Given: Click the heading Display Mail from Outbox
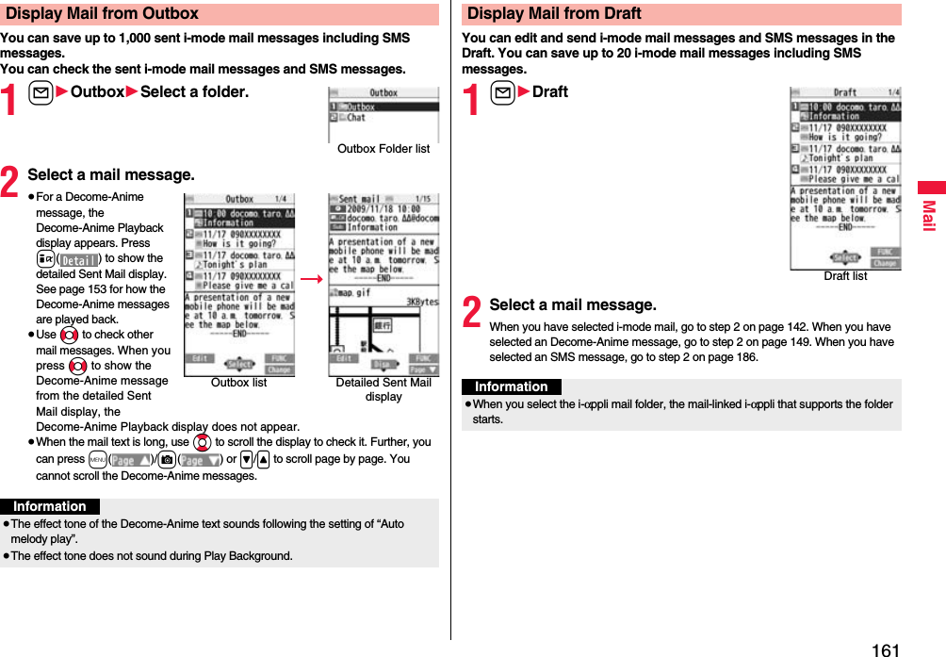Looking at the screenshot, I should pyautogui.click(x=103, y=14).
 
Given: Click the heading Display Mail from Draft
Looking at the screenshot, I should pyautogui.click(x=554, y=14).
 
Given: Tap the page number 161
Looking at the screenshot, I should pyautogui.click(x=886, y=649).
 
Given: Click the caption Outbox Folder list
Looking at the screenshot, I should pyautogui.click(x=383, y=149).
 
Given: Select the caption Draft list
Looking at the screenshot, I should pyautogui.click(x=845, y=276).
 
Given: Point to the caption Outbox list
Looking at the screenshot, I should pyautogui.click(x=238, y=383).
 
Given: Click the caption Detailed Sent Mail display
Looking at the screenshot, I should pyautogui.click(x=383, y=389).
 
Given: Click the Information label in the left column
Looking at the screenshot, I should pyautogui.click(x=50, y=507).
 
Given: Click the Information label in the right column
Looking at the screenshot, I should pyautogui.click(x=512, y=387).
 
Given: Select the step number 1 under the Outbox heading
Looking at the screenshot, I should pyautogui.click(x=11, y=101).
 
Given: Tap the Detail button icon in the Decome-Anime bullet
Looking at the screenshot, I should pyautogui.click(x=80, y=259).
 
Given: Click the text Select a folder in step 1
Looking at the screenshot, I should pyautogui.click(x=195, y=91).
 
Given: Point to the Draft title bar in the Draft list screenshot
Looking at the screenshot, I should pyautogui.click(x=845, y=92).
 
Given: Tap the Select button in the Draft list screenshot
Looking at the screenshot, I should pyautogui.click(x=845, y=258).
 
